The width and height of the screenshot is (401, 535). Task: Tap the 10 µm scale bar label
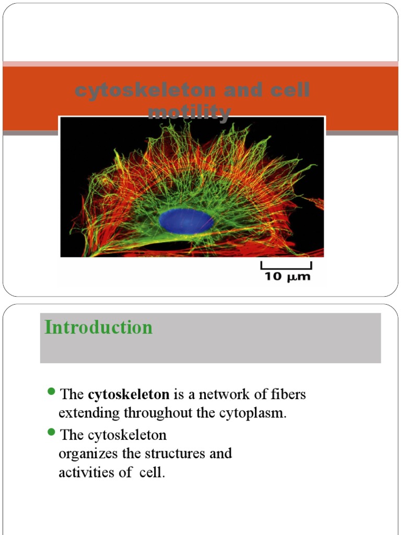coord(286,276)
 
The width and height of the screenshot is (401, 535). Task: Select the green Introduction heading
coord(99,328)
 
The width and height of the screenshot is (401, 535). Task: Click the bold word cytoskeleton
coord(128,394)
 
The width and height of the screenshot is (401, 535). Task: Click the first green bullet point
coord(51,392)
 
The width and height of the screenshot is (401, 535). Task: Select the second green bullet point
coord(51,432)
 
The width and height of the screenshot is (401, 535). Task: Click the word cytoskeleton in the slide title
coord(145,90)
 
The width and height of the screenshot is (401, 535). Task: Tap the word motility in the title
coord(190,112)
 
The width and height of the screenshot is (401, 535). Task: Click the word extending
coord(89,413)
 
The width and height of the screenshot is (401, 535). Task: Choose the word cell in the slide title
coord(289,90)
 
